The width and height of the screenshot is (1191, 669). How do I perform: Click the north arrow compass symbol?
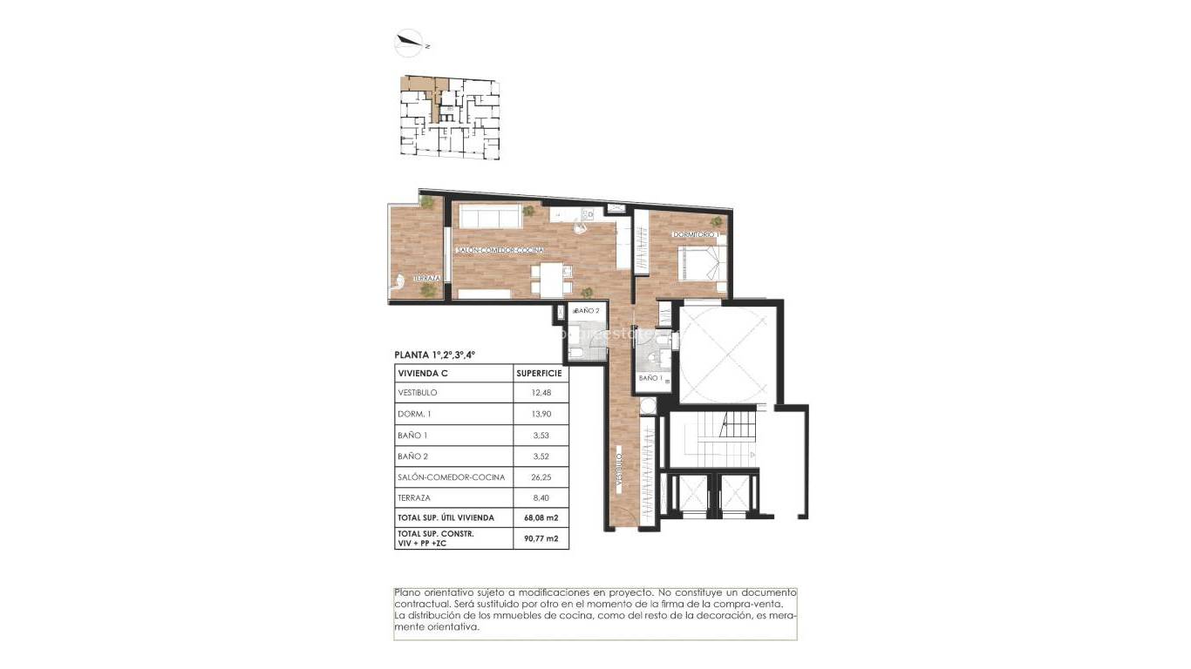pos(409,40)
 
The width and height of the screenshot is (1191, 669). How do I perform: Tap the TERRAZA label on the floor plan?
pos(426,278)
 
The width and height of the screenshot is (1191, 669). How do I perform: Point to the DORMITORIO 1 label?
pos(694,235)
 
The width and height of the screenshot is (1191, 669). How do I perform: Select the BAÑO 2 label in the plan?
pos(587,311)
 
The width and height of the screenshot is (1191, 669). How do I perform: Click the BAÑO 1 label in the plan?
pos(650,379)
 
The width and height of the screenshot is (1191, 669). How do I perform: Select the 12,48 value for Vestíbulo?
pos(541,393)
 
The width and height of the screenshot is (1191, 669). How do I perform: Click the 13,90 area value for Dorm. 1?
pos(541,414)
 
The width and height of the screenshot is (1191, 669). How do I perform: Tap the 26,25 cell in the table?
pos(541,477)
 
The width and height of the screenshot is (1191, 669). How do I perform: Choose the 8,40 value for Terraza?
pos(541,498)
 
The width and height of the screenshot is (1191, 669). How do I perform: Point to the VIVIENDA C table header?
pos(424,372)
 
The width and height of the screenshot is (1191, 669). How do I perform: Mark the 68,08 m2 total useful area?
pos(541,518)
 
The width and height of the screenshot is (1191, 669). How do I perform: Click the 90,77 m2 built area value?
pos(541,539)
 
